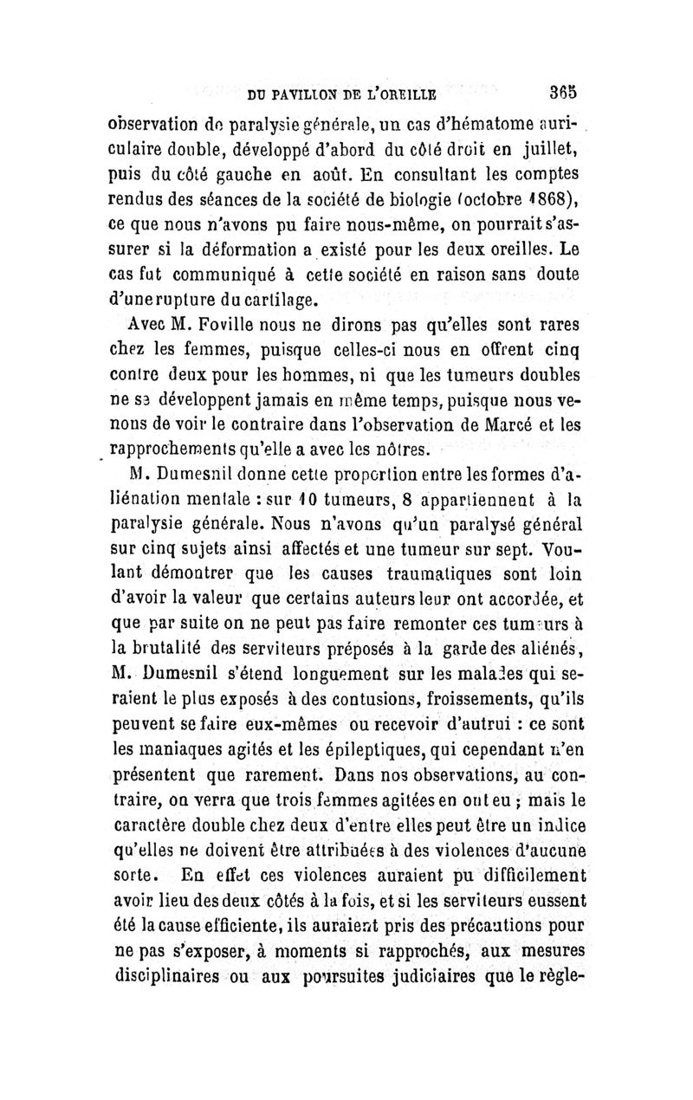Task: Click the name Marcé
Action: (502, 424)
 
